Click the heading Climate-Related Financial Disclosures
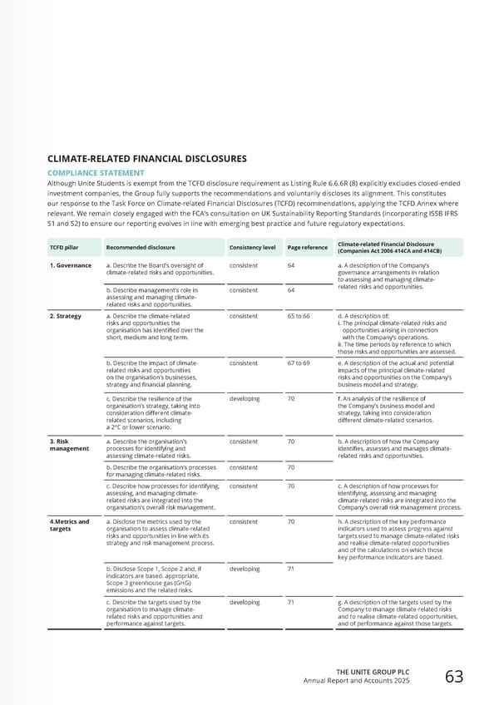tap(146, 158)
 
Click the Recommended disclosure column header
tap(141, 247)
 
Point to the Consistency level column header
tap(252, 247)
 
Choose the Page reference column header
tap(308, 247)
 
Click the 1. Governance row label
tap(70, 266)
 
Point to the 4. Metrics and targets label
tap(69, 525)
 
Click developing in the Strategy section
tap(244, 398)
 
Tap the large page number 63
tap(454, 677)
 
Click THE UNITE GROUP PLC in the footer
tap(373, 672)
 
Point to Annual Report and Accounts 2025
tap(358, 682)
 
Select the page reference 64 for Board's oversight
tap(291, 266)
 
